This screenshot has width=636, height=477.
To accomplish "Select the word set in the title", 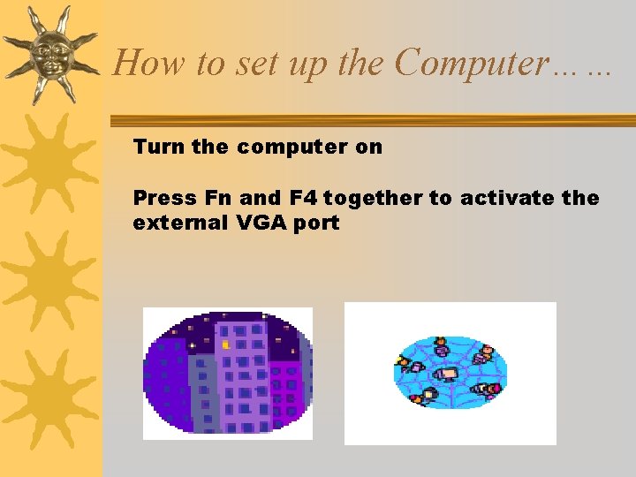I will [238, 63].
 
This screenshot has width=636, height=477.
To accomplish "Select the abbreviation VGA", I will [261, 223].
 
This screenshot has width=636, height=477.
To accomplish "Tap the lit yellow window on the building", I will [225, 344].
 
